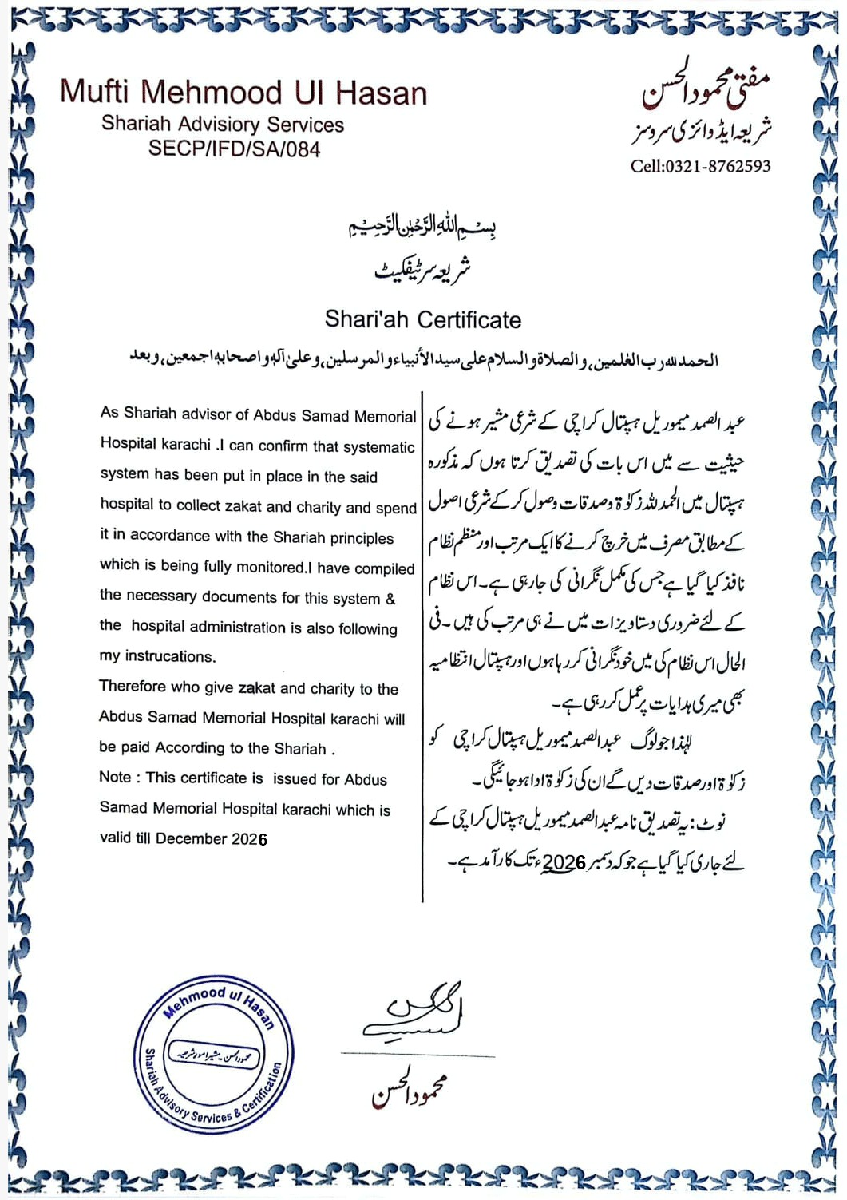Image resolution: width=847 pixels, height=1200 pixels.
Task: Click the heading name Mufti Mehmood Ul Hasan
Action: click(243, 93)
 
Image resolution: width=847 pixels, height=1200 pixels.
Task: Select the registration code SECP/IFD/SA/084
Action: click(234, 149)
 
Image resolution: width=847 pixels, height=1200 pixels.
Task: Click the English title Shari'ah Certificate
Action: click(422, 320)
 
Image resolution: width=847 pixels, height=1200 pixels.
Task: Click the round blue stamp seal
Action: click(214, 1052)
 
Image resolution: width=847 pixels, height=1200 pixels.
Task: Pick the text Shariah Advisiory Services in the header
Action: click(223, 125)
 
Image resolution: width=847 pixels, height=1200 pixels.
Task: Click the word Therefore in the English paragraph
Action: click(133, 687)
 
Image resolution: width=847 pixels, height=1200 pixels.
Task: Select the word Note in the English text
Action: click(115, 778)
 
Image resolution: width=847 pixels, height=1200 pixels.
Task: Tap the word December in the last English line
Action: click(192, 838)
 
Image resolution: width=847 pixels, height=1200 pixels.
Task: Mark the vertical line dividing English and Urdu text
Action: click(422, 647)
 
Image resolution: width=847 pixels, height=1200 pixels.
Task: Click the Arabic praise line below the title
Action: click(423, 361)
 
